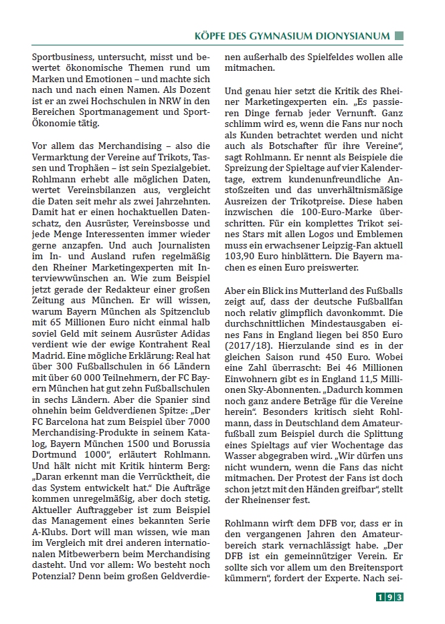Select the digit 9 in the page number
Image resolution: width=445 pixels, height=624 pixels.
(x=389, y=597)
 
